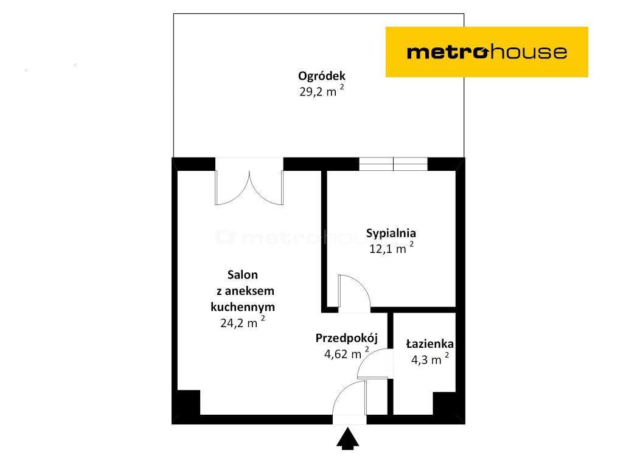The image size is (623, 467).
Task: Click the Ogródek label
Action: [x=322, y=76]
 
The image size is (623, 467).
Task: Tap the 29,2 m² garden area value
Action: [x=322, y=91]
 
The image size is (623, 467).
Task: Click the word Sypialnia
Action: [x=391, y=233]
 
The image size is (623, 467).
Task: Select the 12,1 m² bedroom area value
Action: [x=391, y=248]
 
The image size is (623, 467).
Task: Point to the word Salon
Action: [x=242, y=274]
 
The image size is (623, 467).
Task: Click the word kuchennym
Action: [x=243, y=307]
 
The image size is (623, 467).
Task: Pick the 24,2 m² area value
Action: [x=242, y=322]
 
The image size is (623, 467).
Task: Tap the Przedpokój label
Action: [x=346, y=338]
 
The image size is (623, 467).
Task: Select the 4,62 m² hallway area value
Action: [x=346, y=353]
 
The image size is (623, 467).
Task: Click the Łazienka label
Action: [x=430, y=344]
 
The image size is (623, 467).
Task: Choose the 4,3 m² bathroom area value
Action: [x=430, y=359]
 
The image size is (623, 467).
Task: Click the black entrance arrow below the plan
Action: [x=347, y=439]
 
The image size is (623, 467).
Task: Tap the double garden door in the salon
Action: [x=249, y=187]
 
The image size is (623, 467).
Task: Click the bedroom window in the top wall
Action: [x=394, y=164]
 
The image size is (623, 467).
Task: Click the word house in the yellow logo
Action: [x=528, y=52]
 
